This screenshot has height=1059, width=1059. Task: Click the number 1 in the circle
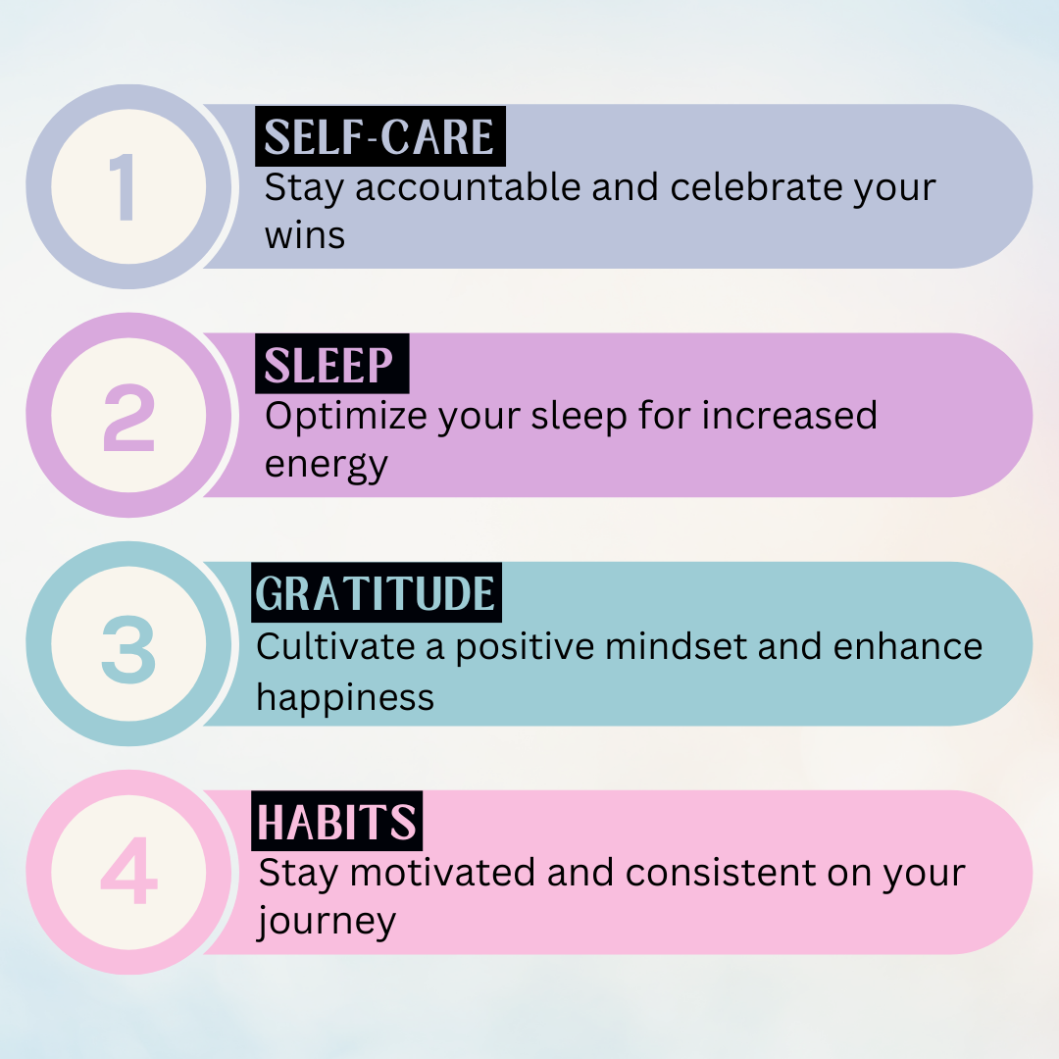123,186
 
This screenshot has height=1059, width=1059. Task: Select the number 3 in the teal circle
128,647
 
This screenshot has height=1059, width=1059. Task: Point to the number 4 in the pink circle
128,870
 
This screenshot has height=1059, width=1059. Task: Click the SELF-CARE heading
378,137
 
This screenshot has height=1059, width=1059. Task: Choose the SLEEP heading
328,366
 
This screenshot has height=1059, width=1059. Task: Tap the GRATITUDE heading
376,593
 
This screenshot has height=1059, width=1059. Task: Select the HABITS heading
336,822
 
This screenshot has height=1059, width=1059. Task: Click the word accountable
468,187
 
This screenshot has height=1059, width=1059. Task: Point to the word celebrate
755,187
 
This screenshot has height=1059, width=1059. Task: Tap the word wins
305,236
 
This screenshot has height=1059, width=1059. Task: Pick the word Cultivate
335,646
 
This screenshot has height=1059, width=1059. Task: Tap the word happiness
345,698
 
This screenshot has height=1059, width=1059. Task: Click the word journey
327,923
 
